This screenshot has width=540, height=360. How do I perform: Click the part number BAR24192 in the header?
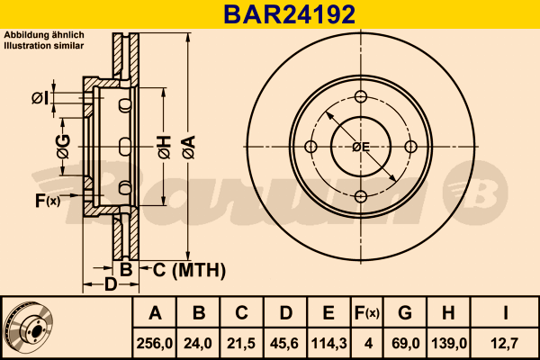[289, 14]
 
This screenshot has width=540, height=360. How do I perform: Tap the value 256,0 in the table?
[155, 344]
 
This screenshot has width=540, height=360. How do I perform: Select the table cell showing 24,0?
[198, 344]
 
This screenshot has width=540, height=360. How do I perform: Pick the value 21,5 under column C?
[241, 344]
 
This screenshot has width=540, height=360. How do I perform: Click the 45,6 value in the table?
[285, 344]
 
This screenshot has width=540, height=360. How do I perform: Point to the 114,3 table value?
[328, 344]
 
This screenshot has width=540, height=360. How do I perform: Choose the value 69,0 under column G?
[405, 344]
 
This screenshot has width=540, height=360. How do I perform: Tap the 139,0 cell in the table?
[449, 344]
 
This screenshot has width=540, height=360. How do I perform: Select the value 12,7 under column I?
[505, 344]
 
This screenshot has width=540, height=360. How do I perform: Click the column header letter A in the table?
[155, 313]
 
